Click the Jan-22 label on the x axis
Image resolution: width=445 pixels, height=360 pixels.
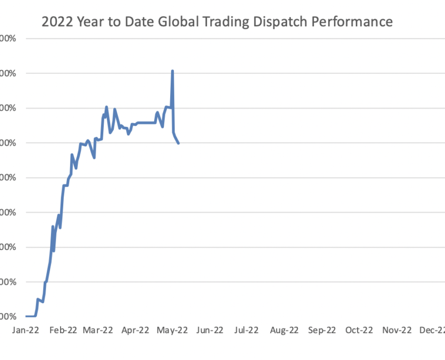25,331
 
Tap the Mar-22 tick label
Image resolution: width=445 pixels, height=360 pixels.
98,331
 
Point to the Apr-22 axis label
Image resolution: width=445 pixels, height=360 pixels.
135,331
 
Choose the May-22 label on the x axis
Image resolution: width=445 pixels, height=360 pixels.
173,331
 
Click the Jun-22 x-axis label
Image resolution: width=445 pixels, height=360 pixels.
210,331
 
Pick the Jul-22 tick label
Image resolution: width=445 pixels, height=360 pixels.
246,331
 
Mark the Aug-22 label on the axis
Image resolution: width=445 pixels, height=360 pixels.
284,331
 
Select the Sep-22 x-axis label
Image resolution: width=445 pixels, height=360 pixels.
321,331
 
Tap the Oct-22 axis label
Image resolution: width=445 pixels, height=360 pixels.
359,331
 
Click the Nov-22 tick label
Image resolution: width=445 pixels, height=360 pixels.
396,331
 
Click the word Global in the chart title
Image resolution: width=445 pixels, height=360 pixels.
171,22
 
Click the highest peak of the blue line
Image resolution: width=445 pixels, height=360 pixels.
172,71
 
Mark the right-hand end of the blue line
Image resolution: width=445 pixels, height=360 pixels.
179,143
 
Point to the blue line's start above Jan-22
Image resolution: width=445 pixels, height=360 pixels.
26,316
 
